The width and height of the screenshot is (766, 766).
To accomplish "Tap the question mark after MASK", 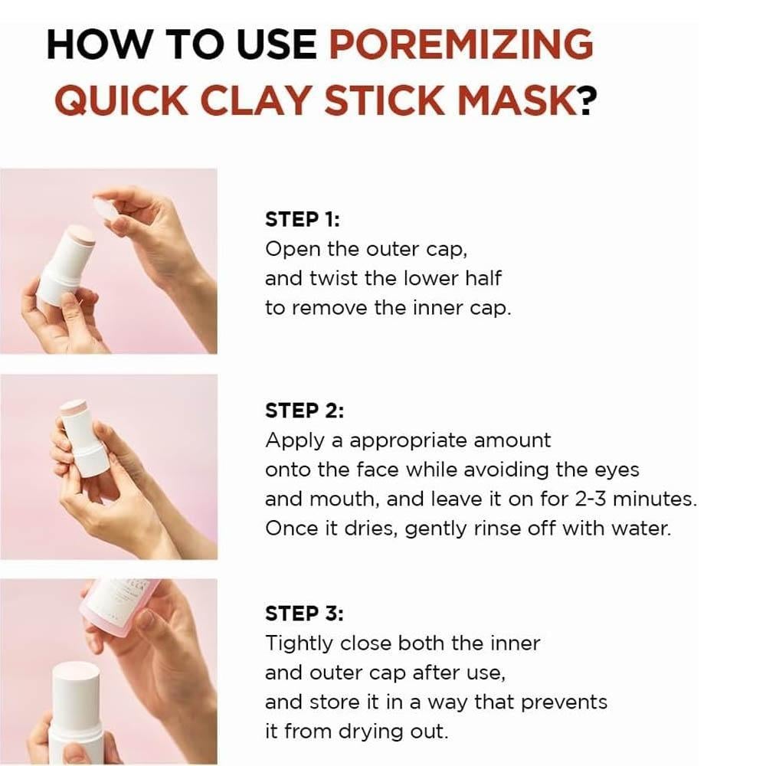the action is [588, 100].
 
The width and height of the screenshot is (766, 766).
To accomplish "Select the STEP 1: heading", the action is [302, 219].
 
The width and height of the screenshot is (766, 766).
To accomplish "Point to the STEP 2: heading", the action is [304, 411].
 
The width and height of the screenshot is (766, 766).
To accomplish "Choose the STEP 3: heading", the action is [304, 613].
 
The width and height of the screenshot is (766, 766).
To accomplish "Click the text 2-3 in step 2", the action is [591, 499].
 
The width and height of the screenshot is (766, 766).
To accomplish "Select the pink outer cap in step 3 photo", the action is [120, 605].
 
